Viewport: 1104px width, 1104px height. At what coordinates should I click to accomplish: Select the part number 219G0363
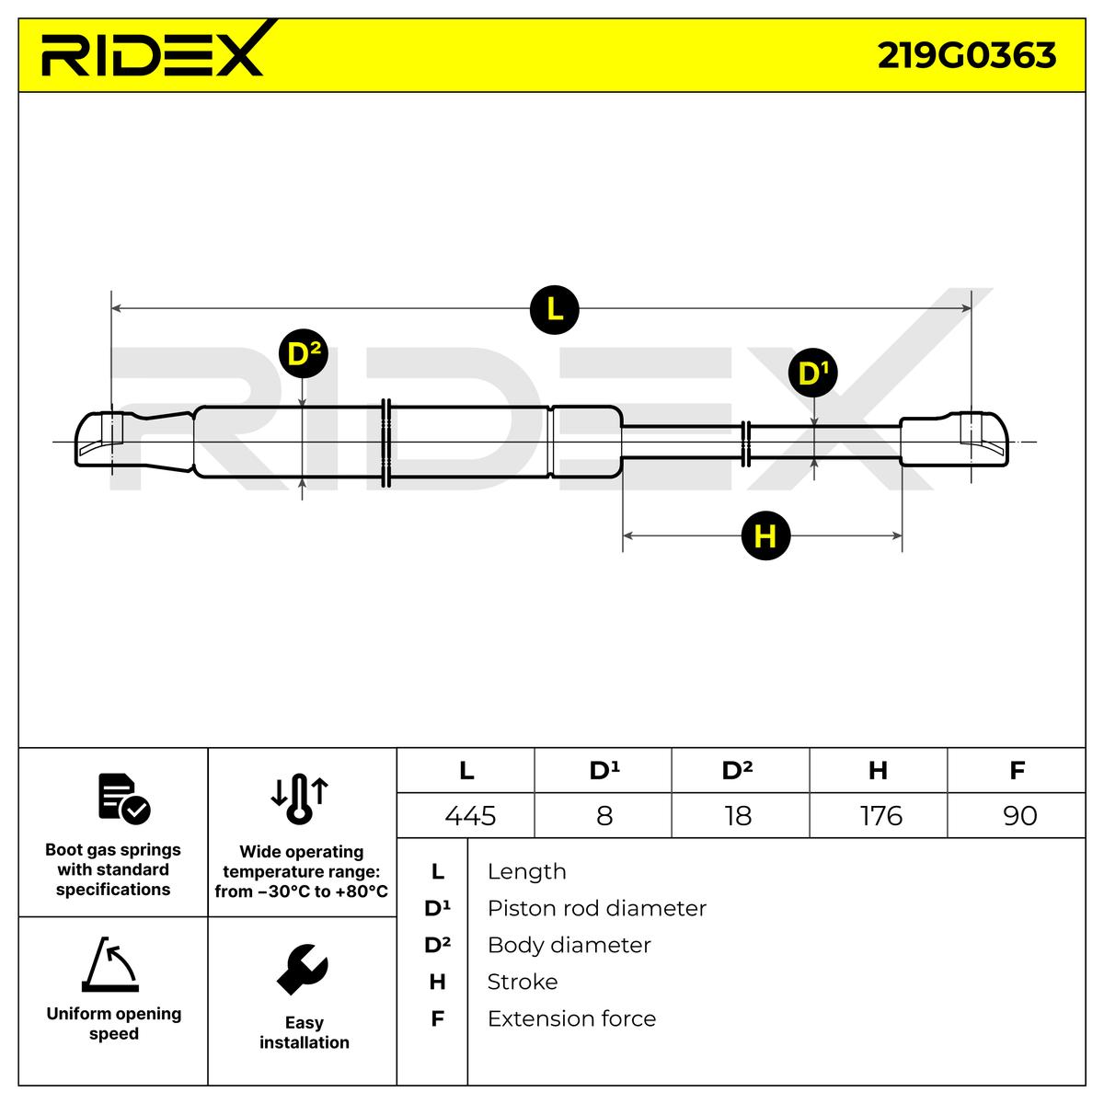coord(967,55)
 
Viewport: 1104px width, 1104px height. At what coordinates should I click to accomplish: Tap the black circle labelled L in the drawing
coord(554,309)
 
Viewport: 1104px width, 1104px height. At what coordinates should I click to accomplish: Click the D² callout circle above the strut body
coord(303,353)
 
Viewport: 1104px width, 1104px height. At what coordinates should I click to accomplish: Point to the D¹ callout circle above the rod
coord(813,372)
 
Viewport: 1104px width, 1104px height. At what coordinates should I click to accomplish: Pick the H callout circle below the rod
coord(765,535)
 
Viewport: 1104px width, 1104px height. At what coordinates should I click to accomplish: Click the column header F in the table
coord(1017,770)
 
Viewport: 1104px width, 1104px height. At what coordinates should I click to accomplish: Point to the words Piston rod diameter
coord(597,909)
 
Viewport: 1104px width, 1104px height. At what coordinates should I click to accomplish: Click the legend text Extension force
coord(571,1018)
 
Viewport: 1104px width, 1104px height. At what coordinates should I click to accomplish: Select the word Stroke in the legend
coord(523,982)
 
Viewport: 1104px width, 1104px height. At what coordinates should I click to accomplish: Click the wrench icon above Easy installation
coord(303,970)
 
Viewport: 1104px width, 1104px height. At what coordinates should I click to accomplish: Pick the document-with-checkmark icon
coord(124,799)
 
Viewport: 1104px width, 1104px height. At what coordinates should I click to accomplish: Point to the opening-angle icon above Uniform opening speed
coord(110,965)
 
